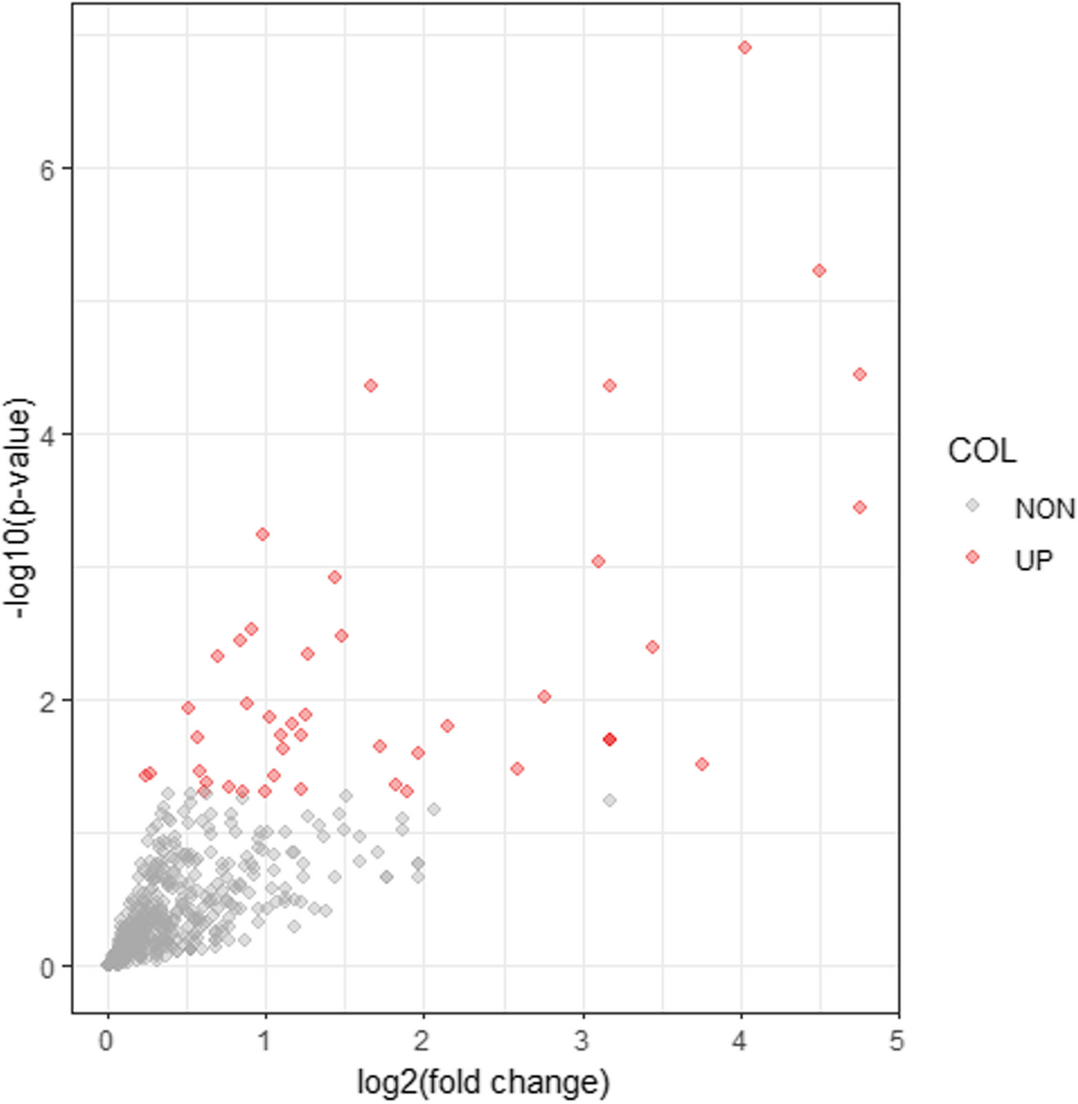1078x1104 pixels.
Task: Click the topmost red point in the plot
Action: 745,47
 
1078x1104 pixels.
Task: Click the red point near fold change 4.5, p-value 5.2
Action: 819,271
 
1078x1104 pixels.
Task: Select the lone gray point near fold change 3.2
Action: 610,800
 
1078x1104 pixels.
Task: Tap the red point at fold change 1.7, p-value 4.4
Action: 371,386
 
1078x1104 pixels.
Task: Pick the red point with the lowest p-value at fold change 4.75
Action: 859,507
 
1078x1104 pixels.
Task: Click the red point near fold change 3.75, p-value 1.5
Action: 702,765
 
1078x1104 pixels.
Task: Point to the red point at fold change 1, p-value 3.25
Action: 263,535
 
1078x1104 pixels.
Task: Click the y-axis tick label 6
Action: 47,170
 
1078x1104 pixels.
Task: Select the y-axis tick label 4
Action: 47,435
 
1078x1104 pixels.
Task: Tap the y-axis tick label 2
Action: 47,701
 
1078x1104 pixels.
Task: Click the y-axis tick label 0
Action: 47,967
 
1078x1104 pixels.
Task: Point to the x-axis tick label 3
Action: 582,1041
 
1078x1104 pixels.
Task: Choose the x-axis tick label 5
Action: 897,1041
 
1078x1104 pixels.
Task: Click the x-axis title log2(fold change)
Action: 483,1083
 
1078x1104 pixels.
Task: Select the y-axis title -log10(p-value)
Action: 20,509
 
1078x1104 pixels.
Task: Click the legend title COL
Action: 981,451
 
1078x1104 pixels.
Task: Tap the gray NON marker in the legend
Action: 973,505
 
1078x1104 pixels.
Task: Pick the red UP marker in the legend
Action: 973,557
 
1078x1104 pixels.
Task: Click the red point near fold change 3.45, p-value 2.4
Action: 652,648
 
